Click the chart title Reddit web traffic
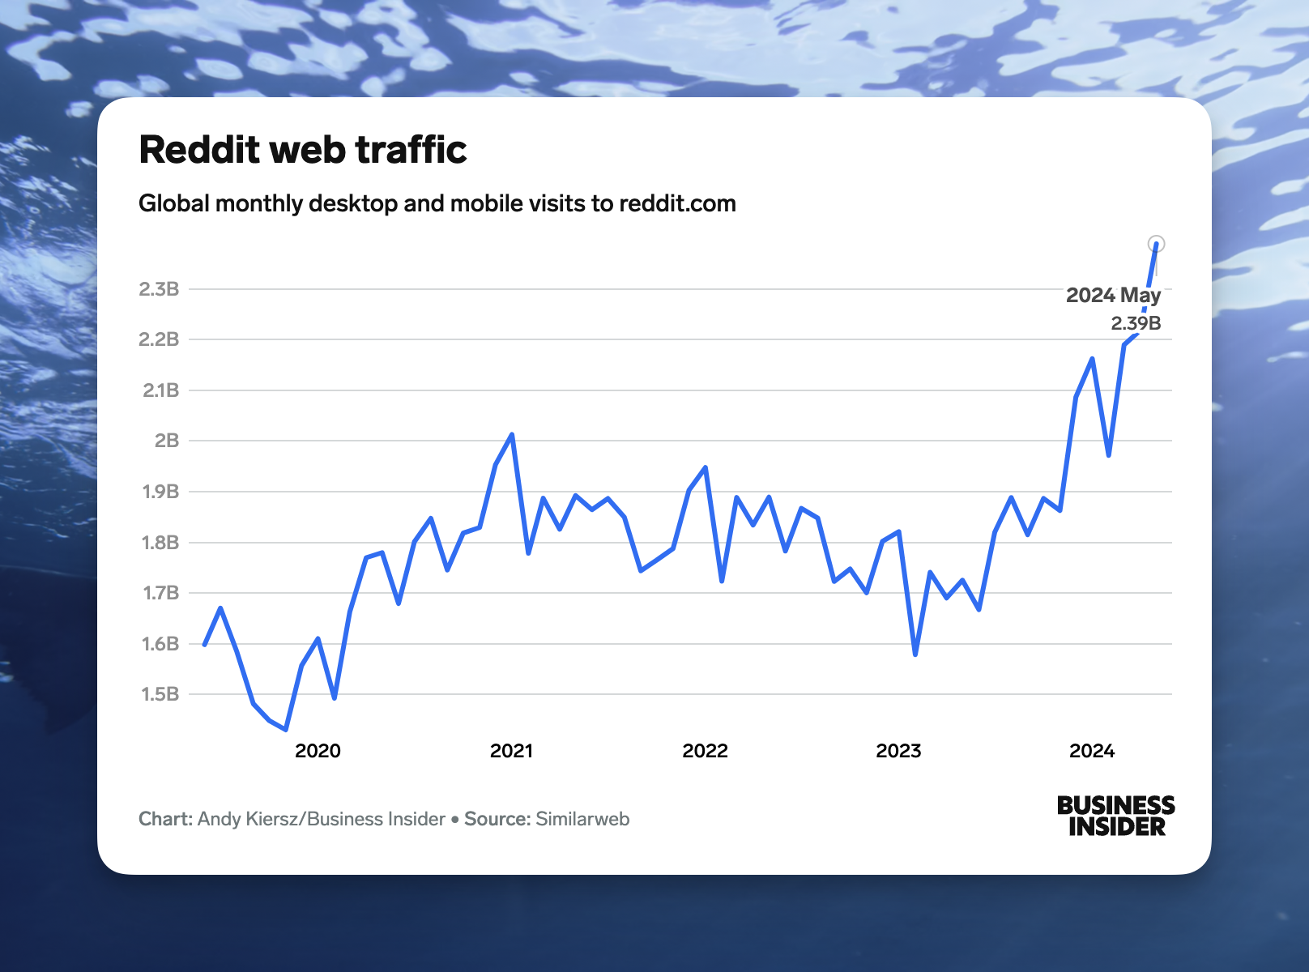303,150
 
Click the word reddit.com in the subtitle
677,203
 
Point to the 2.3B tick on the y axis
159,289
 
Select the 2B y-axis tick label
167,441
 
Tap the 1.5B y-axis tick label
160,694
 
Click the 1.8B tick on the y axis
160,543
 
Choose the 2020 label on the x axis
318,751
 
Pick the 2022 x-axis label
705,751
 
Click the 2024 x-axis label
1092,751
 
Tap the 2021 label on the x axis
511,751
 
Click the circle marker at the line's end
1157,244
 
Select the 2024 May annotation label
1113,296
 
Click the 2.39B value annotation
1136,323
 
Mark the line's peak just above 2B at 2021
511,435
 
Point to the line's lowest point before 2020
286,729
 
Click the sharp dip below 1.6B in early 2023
915,654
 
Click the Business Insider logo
1115,816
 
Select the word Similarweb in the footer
582,819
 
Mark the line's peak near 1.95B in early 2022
706,467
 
